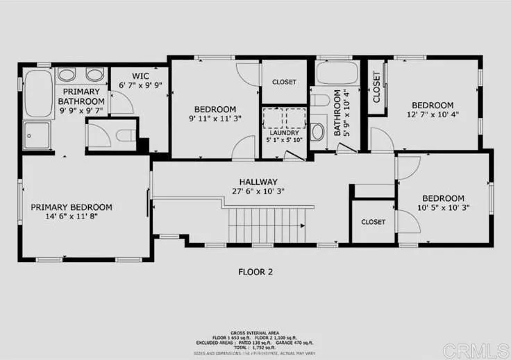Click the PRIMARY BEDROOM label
72,207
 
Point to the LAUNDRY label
284,132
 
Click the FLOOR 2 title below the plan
255,272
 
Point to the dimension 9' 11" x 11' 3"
215,119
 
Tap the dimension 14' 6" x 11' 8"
72,216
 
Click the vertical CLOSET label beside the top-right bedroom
377,87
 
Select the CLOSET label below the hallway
373,222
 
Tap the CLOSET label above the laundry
283,82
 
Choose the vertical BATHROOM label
338,112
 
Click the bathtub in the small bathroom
336,73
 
